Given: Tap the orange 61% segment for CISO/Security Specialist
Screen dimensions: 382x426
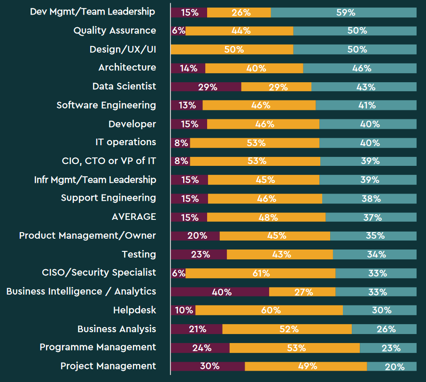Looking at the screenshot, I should point(260,273).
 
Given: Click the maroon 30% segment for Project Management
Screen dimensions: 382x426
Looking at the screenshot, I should point(208,366).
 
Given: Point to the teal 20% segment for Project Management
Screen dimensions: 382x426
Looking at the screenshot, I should point(392,366).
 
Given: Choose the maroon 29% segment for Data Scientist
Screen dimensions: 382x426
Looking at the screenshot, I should point(206,87).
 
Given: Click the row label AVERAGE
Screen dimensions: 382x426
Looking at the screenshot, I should point(133,217).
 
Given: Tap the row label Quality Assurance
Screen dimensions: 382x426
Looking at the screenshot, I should point(115,31).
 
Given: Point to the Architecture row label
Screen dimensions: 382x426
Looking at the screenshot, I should point(127,68).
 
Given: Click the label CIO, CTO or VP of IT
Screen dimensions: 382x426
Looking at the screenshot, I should point(109,161).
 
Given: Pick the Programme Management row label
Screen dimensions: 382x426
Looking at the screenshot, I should point(98,347).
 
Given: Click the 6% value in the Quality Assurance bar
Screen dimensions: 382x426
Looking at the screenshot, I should point(178,31).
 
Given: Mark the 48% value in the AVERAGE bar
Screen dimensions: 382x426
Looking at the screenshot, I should point(266,218).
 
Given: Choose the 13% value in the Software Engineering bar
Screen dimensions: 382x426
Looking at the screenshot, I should point(187,106).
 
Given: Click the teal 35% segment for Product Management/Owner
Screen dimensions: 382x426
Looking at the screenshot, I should point(373,236).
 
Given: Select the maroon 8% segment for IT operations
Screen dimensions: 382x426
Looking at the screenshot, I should point(180,143).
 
